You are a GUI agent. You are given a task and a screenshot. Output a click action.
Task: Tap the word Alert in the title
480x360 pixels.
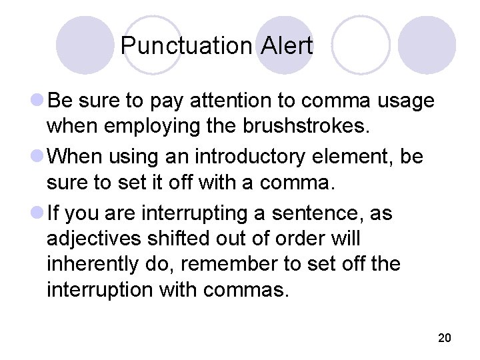pyautogui.click(x=287, y=46)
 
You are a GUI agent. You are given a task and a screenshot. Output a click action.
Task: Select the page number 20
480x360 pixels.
pyautogui.click(x=445, y=338)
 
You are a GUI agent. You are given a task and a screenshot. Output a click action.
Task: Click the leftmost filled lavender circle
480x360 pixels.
pyautogui.click(x=85, y=45)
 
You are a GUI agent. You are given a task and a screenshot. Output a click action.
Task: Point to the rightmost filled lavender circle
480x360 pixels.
pyautogui.click(x=427, y=45)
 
